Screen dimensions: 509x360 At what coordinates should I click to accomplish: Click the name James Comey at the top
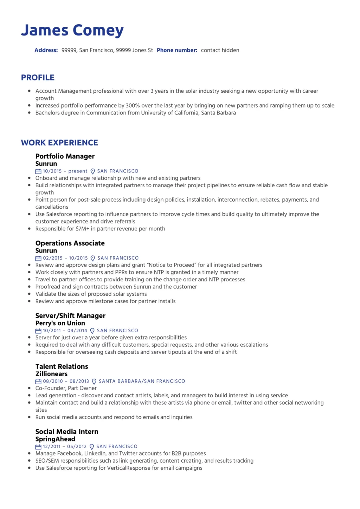[x=72, y=31]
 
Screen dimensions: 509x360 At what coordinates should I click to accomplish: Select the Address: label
[x=46, y=50]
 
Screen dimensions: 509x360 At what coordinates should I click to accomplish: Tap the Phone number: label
[x=177, y=50]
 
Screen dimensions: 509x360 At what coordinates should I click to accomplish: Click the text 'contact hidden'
[x=220, y=50]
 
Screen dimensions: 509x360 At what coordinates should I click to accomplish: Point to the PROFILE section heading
[x=38, y=78]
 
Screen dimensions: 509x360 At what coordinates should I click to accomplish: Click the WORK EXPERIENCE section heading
[x=59, y=143]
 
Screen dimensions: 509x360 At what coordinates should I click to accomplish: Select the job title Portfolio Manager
[x=65, y=156]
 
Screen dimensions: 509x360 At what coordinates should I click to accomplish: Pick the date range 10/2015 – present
[x=65, y=171]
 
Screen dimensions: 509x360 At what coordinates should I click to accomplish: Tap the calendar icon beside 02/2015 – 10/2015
[x=38, y=258]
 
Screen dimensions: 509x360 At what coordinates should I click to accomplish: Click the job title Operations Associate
[x=70, y=243]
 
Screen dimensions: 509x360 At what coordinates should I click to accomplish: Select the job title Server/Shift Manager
[x=70, y=316]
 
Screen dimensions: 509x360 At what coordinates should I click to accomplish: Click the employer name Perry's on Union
[x=60, y=323]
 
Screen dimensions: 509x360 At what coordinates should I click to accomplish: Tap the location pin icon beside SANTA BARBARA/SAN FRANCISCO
[x=94, y=381]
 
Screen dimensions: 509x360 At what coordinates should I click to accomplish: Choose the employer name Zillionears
[x=51, y=374]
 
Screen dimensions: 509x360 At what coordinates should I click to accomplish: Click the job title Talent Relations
[x=62, y=366]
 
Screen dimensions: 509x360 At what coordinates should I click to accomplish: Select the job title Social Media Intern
[x=67, y=432]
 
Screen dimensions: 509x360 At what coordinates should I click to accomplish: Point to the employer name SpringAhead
[x=55, y=439]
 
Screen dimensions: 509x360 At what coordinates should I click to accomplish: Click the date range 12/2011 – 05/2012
[x=65, y=446]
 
